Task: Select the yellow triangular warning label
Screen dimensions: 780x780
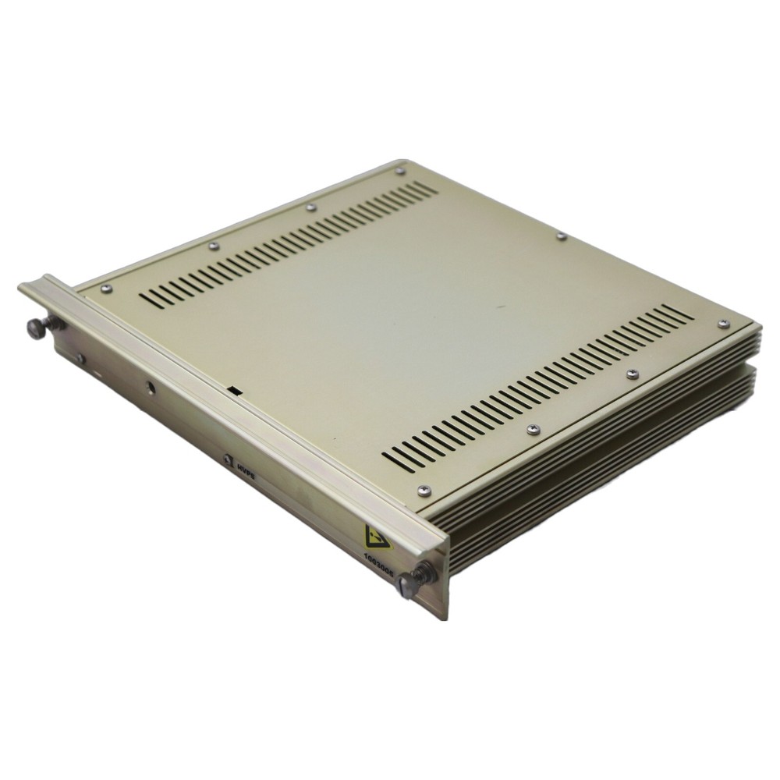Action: [372, 537]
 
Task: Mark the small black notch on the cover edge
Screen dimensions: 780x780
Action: [233, 387]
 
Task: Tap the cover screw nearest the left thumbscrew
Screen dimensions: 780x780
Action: [107, 289]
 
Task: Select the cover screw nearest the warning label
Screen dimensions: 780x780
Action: [423, 489]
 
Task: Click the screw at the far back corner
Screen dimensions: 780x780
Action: [400, 171]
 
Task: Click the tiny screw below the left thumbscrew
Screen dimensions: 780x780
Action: [80, 358]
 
